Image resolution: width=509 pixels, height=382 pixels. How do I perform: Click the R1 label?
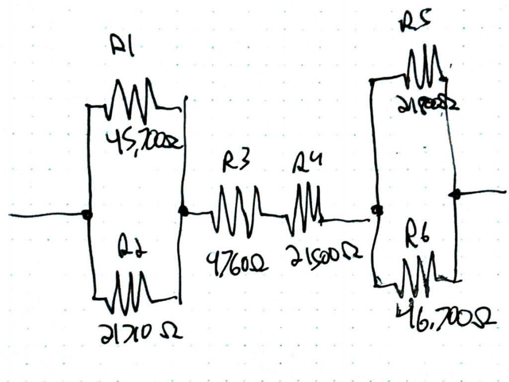click(x=123, y=49)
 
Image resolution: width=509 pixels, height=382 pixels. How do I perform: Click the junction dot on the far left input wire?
click(x=87, y=215)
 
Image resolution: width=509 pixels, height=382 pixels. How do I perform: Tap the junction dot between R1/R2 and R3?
click(x=183, y=211)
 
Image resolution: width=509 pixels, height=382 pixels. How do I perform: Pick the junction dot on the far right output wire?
click(x=455, y=194)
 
